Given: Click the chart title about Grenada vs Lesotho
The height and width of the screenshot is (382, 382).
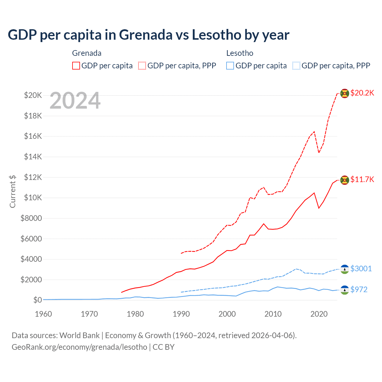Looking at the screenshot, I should [148, 35].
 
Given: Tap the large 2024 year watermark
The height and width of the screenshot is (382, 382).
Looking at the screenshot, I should [75, 101].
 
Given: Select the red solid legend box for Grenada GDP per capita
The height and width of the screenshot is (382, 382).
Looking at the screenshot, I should [76, 66].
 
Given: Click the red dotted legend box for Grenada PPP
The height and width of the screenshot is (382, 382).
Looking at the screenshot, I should [142, 66].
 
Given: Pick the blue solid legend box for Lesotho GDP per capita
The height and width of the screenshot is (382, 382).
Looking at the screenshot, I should [230, 66].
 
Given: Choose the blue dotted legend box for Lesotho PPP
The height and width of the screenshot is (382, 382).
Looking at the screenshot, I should [296, 66].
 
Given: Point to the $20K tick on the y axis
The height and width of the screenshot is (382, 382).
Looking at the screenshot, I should [33, 95].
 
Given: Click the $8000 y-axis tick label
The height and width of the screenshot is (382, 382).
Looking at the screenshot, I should [31, 218].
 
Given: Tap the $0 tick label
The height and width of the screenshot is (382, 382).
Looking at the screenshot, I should [37, 300].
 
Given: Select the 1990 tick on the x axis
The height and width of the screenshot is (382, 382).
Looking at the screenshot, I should [181, 314].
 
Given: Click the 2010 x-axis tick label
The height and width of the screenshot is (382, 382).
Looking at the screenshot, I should [273, 314].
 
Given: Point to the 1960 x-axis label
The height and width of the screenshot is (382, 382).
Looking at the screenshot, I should [44, 314].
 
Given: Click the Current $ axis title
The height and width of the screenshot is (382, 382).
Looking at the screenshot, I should [13, 191].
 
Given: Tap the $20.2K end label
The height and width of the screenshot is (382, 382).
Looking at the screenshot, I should [362, 93].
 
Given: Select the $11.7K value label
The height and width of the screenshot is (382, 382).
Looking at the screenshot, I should [362, 180].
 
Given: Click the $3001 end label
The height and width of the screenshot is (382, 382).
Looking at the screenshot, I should [361, 269].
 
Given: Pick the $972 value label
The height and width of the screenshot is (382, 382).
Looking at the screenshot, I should [359, 290].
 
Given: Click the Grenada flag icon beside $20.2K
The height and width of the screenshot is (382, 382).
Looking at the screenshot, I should [345, 93].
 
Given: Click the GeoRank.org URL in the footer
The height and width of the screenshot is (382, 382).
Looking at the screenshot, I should [79, 347].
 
